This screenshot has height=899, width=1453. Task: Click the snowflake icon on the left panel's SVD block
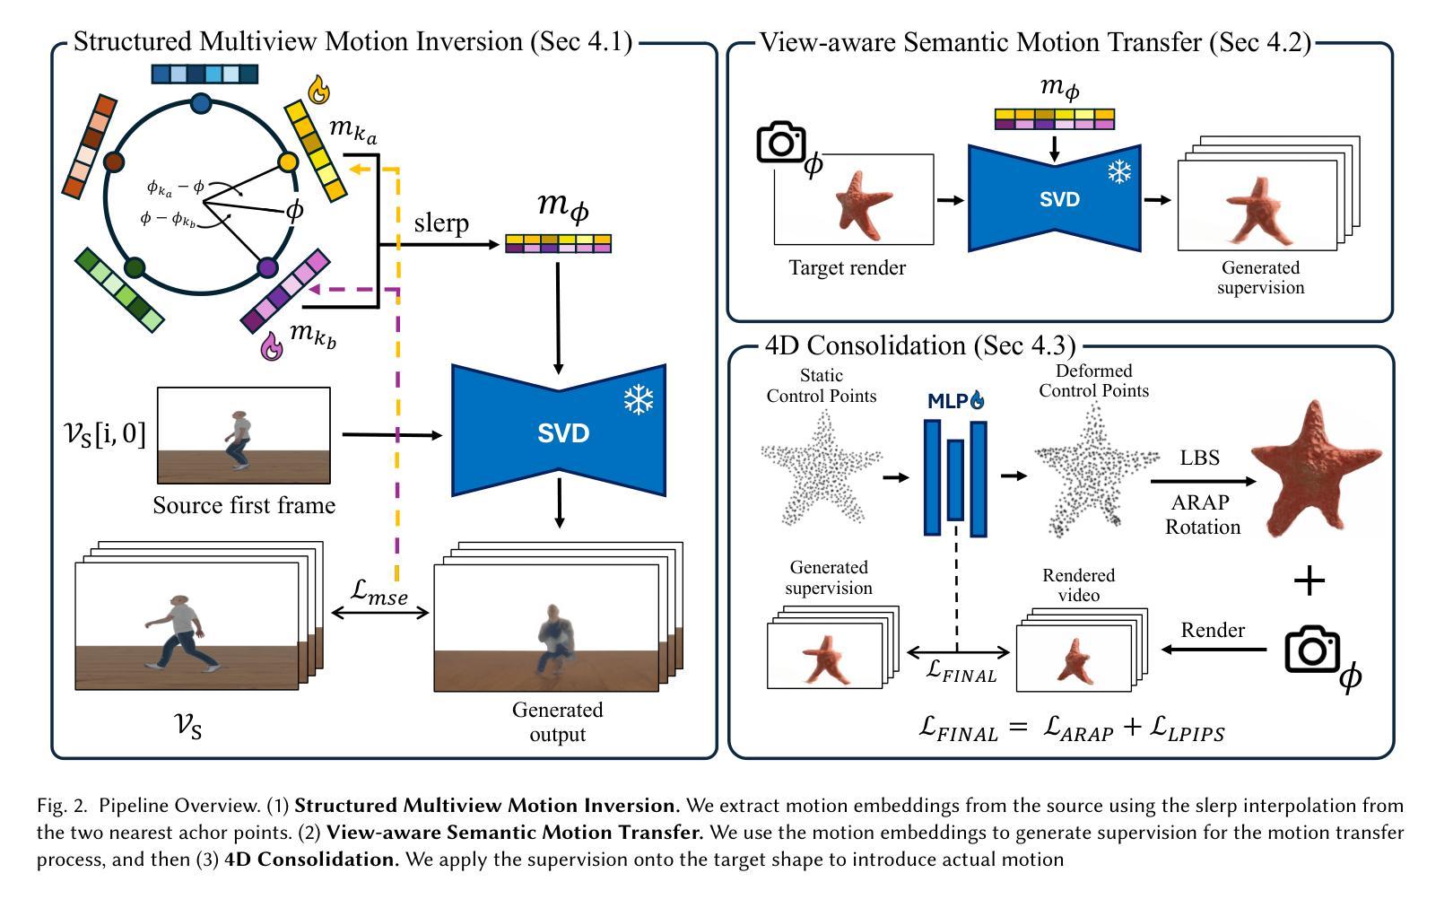[x=639, y=400]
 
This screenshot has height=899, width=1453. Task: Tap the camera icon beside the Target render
[x=780, y=142]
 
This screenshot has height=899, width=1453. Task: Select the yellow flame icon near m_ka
[x=318, y=90]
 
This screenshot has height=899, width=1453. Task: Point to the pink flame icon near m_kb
[x=271, y=346]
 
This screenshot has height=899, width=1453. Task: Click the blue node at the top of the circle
[x=202, y=103]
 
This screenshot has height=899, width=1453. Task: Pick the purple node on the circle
[x=267, y=267]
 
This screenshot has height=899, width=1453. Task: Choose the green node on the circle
[x=135, y=267]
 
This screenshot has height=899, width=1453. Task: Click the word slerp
[x=441, y=223]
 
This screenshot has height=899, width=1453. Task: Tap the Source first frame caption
[x=244, y=505]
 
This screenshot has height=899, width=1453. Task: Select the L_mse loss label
[x=380, y=591]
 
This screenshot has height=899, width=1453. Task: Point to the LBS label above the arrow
[x=1199, y=458]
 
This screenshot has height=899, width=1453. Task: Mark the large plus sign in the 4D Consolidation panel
[x=1309, y=581]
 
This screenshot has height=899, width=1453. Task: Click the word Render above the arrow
[x=1213, y=630]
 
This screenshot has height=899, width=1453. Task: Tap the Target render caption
[x=847, y=267]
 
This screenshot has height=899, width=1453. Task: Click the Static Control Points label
[x=821, y=386]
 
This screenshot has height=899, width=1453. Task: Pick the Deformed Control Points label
[x=1093, y=380]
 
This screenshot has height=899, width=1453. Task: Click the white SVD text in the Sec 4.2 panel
[x=1059, y=199]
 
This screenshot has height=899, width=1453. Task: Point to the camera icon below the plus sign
[x=1312, y=650]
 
